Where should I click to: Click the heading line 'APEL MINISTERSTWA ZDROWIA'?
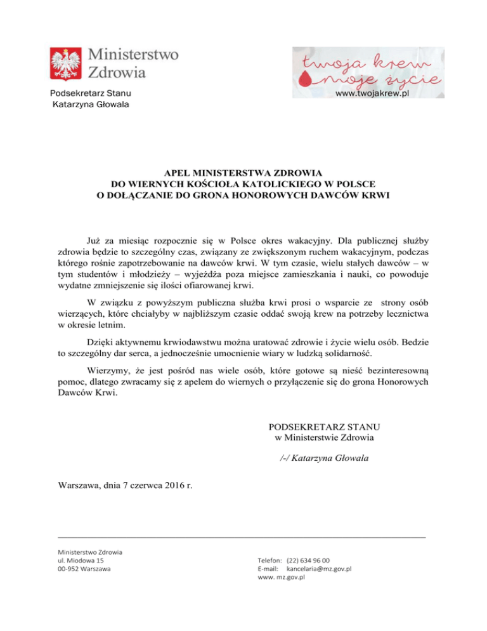click(x=243, y=172)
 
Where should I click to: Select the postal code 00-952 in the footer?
click(x=70, y=569)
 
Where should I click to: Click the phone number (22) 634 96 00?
click(x=308, y=561)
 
